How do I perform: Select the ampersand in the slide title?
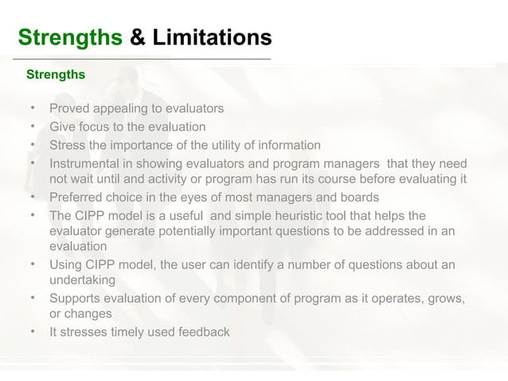click(x=137, y=37)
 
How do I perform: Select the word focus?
click(x=96, y=127)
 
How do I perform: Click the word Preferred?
click(x=76, y=197)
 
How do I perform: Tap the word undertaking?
click(x=83, y=281)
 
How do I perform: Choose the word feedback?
click(x=204, y=332)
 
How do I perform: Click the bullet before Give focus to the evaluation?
click(x=33, y=126)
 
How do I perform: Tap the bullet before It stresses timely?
click(x=33, y=331)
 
